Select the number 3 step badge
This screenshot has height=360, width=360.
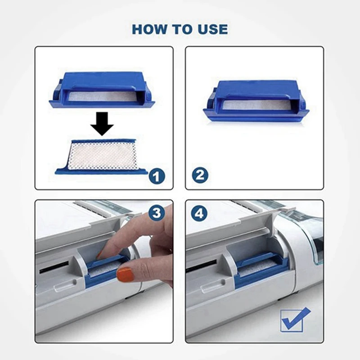tap(156, 213)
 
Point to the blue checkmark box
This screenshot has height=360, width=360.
tap(295, 319)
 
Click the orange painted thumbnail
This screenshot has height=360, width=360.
tap(126, 274)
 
